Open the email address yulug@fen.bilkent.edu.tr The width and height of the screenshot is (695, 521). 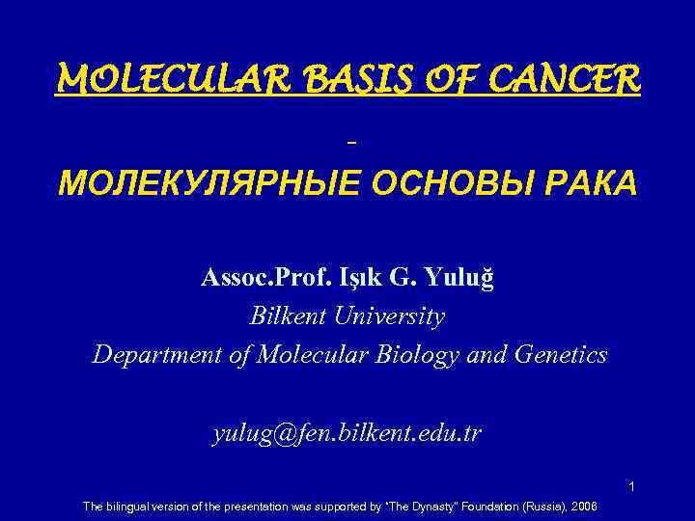(347, 435)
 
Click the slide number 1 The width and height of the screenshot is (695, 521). (631, 486)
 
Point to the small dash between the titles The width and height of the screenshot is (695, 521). (350, 141)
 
